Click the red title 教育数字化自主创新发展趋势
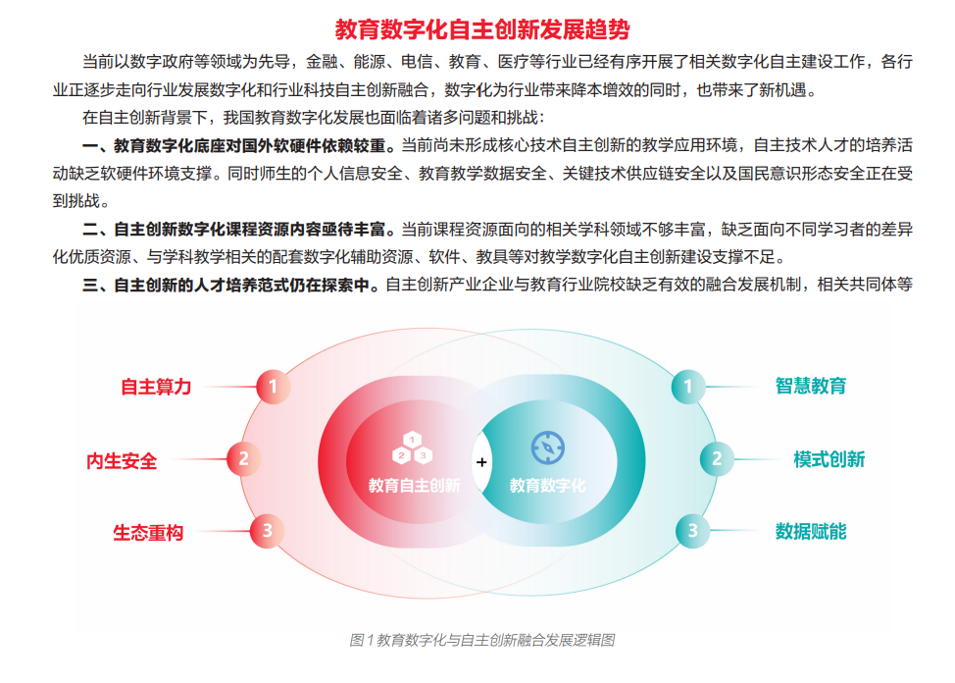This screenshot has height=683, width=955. click(482, 29)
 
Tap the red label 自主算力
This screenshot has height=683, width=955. click(156, 387)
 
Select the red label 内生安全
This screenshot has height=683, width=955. click(122, 460)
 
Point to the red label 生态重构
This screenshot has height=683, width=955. click(148, 533)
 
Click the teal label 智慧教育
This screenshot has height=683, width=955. click(811, 386)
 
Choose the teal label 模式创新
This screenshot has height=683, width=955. click(829, 459)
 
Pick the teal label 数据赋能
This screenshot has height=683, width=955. click(811, 531)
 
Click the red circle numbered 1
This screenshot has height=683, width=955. click(273, 387)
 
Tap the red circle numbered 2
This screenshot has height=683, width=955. click(243, 458)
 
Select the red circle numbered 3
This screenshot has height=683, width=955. click(267, 531)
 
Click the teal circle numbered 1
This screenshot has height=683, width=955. click(688, 387)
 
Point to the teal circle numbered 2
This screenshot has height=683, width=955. click(717, 458)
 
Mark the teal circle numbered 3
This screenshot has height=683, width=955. click(692, 531)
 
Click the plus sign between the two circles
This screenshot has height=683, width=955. click(481, 462)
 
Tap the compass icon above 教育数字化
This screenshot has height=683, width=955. click(548, 447)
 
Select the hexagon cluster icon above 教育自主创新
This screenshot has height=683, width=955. click(413, 448)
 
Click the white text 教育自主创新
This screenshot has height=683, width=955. click(414, 486)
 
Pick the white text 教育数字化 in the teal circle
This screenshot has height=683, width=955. click(547, 486)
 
